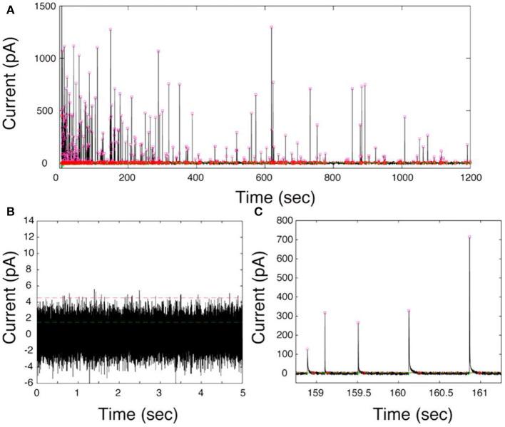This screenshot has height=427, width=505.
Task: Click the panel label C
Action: coord(257,212)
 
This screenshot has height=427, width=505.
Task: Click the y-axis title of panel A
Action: coord(12,86)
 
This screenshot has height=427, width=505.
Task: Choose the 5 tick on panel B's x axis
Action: coord(243,393)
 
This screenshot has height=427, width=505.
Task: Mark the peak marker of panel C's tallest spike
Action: coord(470,237)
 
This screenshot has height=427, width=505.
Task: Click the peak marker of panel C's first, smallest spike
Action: coord(307,349)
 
